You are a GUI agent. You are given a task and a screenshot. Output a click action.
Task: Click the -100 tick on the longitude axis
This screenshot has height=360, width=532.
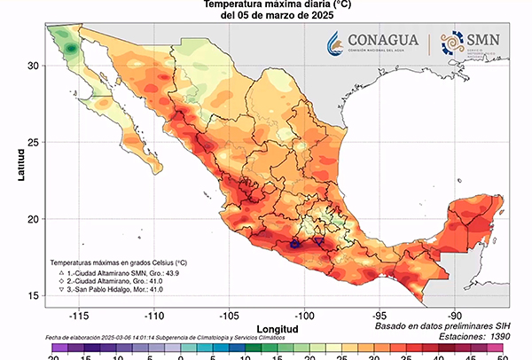click(x=305, y=314)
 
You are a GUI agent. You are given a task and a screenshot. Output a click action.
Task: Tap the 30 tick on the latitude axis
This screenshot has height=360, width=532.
click(x=34, y=66)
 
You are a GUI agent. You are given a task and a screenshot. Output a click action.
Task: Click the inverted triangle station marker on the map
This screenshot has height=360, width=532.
click(x=318, y=241)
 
